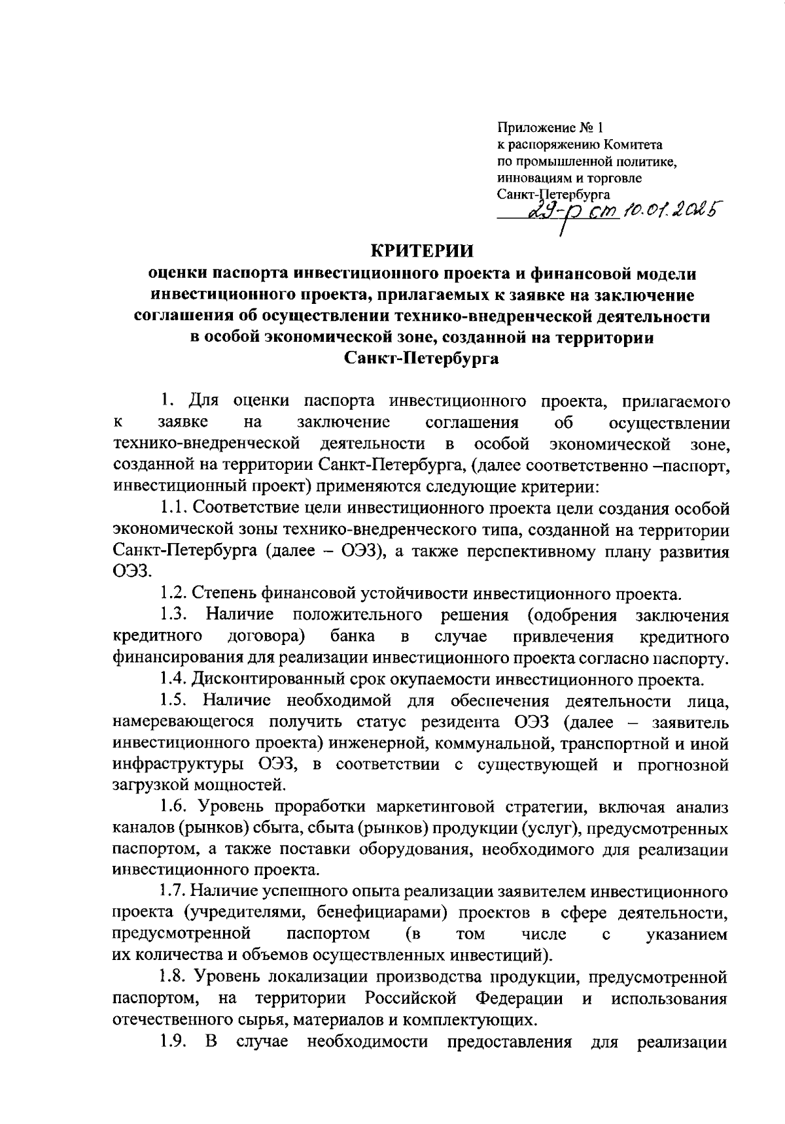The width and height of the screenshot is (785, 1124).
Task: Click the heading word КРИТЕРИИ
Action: (x=422, y=250)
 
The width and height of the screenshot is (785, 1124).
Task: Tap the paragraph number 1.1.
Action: (x=173, y=508)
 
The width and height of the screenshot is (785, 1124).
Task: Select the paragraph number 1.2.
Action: (x=173, y=594)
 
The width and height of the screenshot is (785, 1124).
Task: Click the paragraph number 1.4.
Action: (x=173, y=680)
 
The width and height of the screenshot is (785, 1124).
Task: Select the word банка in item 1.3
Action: (x=353, y=636)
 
